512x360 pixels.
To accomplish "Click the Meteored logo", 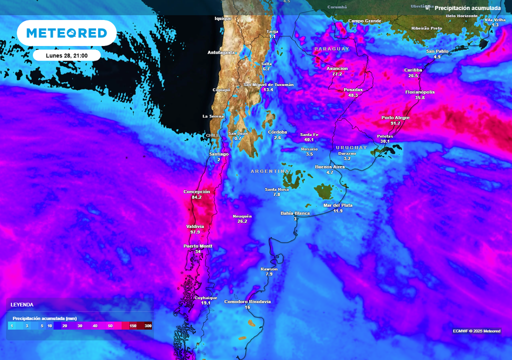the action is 66,33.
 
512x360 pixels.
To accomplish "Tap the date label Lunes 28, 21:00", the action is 67,55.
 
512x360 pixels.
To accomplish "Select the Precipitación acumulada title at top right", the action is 467,8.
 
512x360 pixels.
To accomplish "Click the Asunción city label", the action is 337,68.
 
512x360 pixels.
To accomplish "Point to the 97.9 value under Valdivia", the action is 195,232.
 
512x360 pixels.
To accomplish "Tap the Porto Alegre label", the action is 395,117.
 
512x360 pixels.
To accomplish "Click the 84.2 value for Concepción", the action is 196,197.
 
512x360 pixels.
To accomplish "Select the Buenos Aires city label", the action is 330,166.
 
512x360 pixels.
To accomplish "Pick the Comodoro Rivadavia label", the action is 247,301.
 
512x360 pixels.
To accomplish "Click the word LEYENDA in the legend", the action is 22,304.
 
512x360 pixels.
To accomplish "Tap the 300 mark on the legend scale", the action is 148,326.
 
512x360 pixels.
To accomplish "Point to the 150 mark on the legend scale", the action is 133,326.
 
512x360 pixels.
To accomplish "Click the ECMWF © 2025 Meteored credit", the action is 476,331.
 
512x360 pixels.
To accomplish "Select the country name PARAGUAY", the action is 331,49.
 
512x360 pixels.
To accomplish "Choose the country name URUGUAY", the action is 351,147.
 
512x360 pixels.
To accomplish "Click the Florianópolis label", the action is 420,92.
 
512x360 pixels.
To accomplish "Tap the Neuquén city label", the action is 242,216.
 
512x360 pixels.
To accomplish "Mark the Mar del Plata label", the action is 338,205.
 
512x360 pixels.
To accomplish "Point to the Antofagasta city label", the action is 221,52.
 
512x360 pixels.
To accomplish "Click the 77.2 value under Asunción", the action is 337,74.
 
